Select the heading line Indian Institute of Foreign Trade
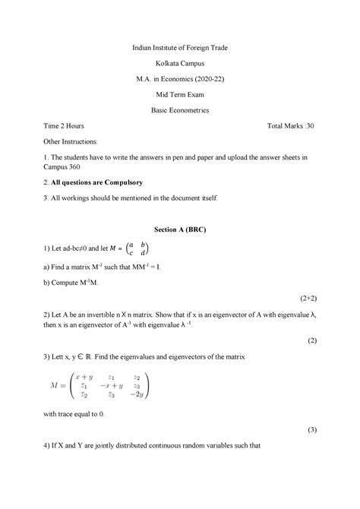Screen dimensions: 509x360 [x=180, y=47]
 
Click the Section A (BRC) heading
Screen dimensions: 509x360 [x=180, y=229]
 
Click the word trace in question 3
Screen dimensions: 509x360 [x=68, y=415]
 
